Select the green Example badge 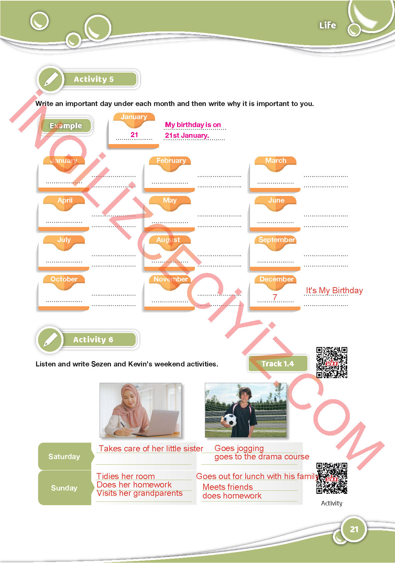(x=66, y=126)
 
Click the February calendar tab (x=170, y=163)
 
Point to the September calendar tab (x=276, y=243)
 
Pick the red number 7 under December (x=275, y=297)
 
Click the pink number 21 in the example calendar (x=134, y=135)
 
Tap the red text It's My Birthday (x=335, y=291)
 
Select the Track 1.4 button (x=278, y=363)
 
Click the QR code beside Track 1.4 (x=332, y=362)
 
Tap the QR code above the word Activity (x=332, y=478)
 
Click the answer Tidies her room (x=126, y=476)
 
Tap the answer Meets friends (x=228, y=487)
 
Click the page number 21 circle (x=354, y=529)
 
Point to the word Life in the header (x=327, y=25)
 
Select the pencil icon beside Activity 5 (x=51, y=80)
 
